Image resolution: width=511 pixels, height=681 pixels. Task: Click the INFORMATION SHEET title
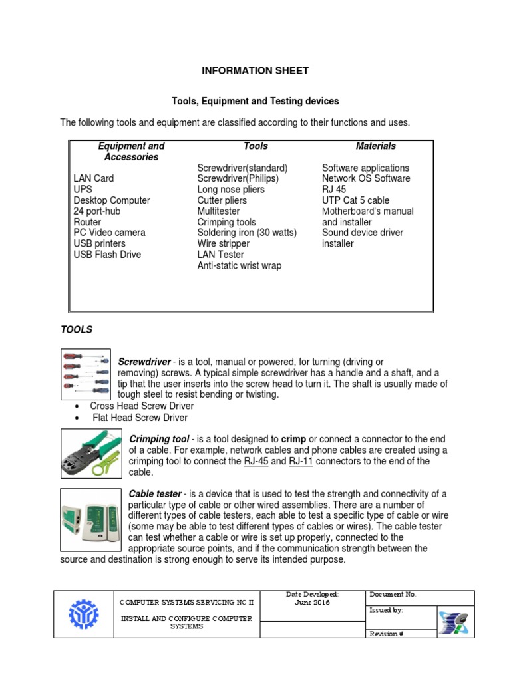point(255,70)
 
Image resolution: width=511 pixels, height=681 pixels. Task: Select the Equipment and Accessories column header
point(131,152)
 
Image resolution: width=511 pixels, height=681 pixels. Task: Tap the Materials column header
point(375,146)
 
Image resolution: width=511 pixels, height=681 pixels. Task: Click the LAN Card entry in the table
point(93,178)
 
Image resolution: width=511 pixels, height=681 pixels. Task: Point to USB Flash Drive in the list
point(107,254)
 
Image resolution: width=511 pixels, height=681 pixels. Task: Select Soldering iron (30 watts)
point(247,233)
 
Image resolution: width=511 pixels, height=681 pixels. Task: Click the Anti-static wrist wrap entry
point(239,265)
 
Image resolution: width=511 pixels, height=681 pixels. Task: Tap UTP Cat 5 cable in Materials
point(355,200)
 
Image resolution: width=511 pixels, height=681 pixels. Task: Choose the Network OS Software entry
point(366,178)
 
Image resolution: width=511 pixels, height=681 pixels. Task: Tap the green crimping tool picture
point(90,454)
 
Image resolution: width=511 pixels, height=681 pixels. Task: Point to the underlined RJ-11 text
point(301,462)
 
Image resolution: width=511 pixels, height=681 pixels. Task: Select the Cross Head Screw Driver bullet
point(142,406)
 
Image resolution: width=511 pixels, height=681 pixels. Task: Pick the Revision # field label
point(386,634)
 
